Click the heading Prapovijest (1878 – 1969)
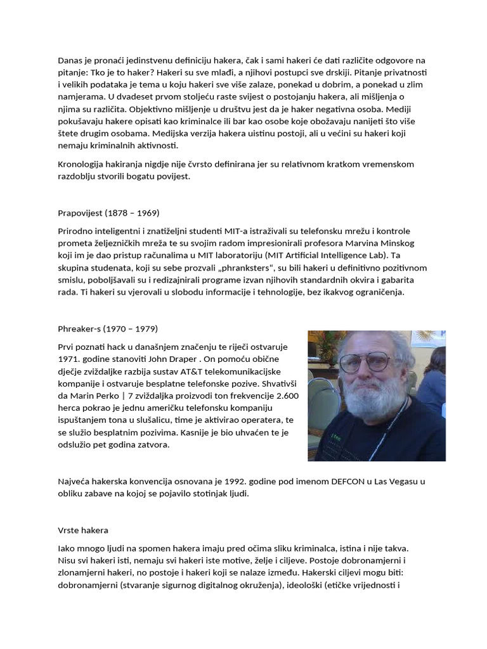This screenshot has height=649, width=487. point(108,212)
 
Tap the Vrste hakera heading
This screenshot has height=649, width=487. point(83,529)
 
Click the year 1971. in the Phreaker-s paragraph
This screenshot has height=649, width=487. point(68,359)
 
